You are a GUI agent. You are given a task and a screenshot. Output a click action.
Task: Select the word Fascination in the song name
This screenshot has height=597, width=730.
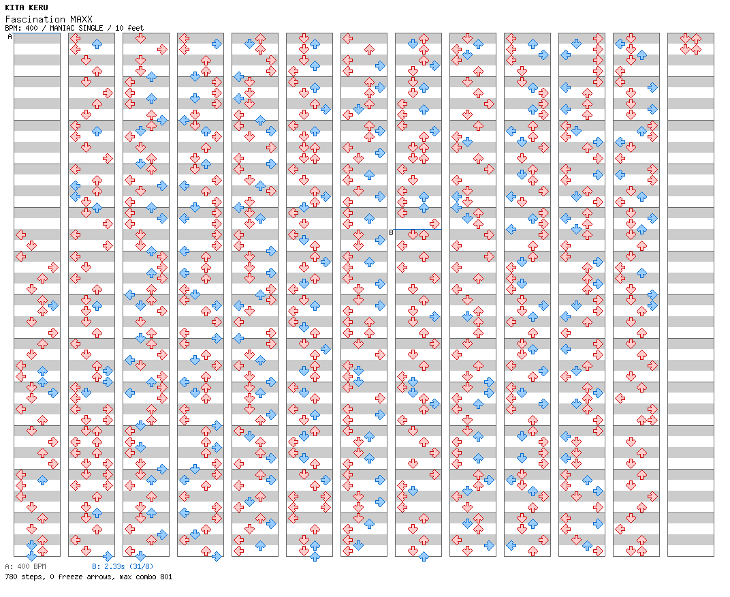point(35,19)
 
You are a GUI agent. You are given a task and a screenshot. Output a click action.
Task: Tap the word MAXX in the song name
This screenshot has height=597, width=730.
point(82,19)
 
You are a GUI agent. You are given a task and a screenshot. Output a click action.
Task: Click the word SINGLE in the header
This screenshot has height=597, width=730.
point(91,28)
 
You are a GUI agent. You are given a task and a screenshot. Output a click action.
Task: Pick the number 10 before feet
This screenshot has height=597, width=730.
point(118,28)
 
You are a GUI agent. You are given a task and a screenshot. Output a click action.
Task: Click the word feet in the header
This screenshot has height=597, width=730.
point(136,28)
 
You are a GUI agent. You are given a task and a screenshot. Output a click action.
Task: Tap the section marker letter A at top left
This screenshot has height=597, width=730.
point(10,36)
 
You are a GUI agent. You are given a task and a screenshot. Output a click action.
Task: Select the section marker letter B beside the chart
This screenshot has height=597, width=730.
point(391,232)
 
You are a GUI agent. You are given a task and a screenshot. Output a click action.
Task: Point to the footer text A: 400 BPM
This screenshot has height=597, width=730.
point(26,566)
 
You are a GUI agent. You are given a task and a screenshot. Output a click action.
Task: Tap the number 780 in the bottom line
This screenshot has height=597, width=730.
point(11,577)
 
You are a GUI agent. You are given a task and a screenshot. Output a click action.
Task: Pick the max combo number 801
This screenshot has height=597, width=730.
point(166,577)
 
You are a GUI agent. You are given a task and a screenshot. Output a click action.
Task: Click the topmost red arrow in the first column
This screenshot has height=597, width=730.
point(20,234)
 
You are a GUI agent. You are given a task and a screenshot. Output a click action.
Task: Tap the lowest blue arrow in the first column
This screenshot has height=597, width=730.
point(31,555)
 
